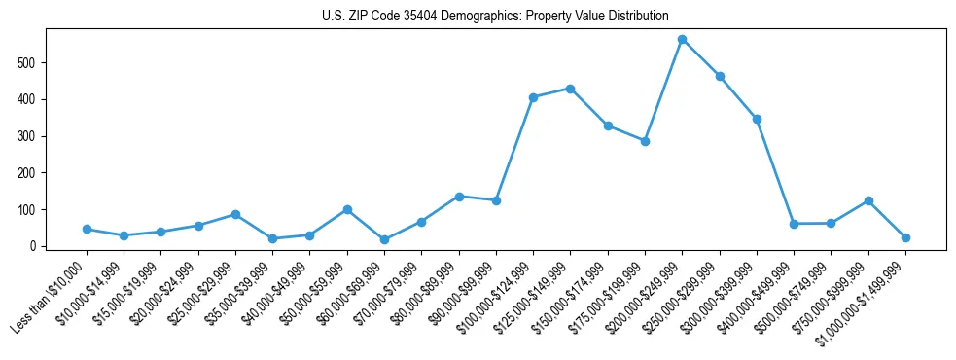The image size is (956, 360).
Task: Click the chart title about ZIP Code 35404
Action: [495, 17]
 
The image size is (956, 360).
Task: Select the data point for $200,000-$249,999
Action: [683, 39]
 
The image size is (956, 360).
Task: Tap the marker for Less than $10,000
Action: [87, 230]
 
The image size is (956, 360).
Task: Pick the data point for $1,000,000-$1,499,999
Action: [905, 237]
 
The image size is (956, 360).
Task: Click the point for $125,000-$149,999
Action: [571, 89]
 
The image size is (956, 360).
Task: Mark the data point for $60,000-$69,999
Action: [385, 239]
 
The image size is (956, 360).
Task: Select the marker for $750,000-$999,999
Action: [868, 200]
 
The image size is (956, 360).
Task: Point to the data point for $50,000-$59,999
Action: [347, 209]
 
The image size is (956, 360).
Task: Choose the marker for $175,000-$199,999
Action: [645, 141]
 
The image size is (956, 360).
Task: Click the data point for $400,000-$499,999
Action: [795, 224]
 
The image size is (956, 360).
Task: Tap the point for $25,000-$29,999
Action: [235, 214]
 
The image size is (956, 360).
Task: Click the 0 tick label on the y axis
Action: [34, 246]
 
